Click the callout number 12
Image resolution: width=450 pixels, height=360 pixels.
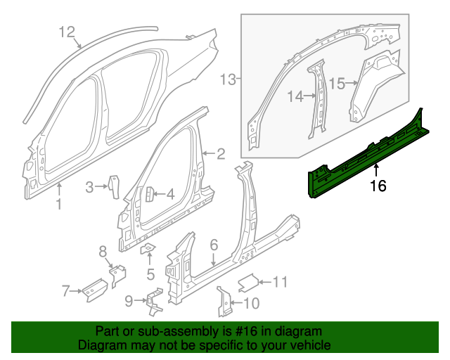[66, 32]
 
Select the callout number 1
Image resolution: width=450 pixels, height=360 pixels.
[59, 205]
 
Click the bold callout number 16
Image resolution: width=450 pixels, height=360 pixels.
[378, 186]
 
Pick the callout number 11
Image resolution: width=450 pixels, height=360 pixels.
[280, 283]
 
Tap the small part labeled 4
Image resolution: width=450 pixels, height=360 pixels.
[149, 195]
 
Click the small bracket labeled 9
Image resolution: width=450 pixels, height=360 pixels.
[153, 300]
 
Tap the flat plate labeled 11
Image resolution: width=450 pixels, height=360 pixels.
[247, 283]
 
